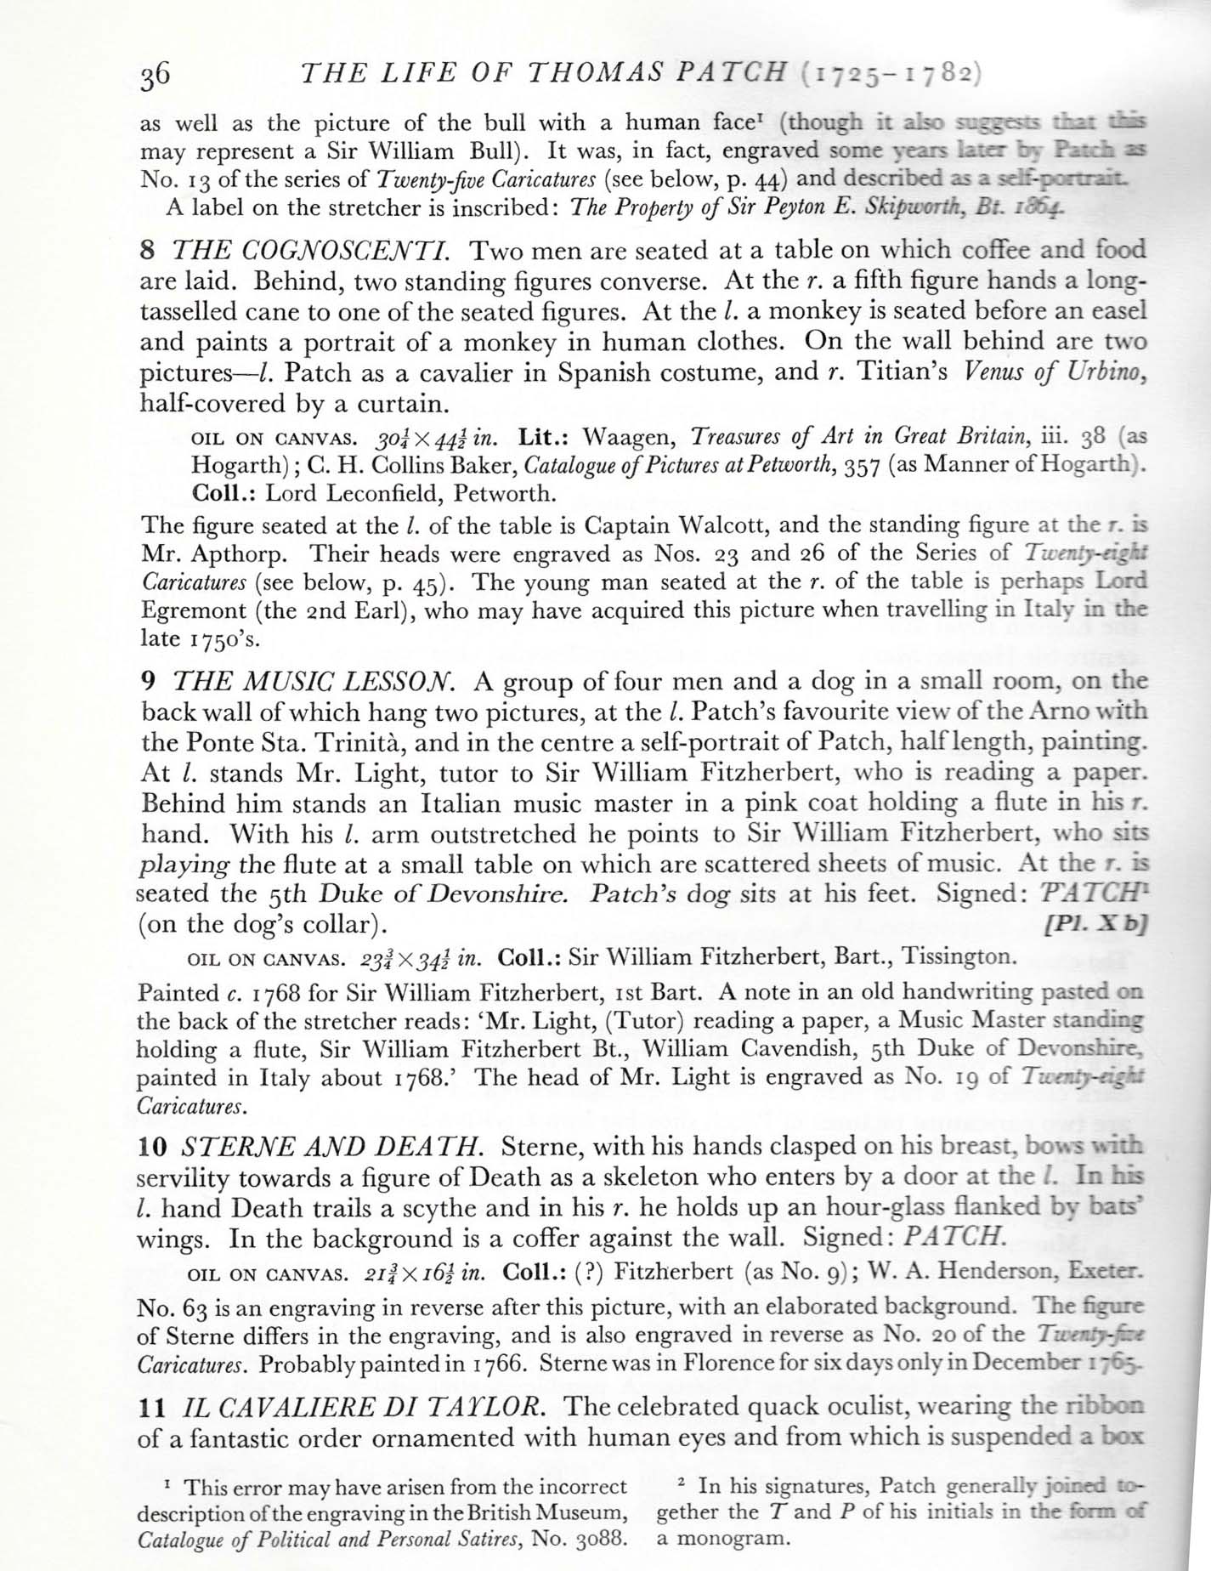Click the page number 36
pos(156,77)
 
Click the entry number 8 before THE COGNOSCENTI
pos(146,251)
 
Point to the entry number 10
pos(150,1147)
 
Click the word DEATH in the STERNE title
pos(433,1147)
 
